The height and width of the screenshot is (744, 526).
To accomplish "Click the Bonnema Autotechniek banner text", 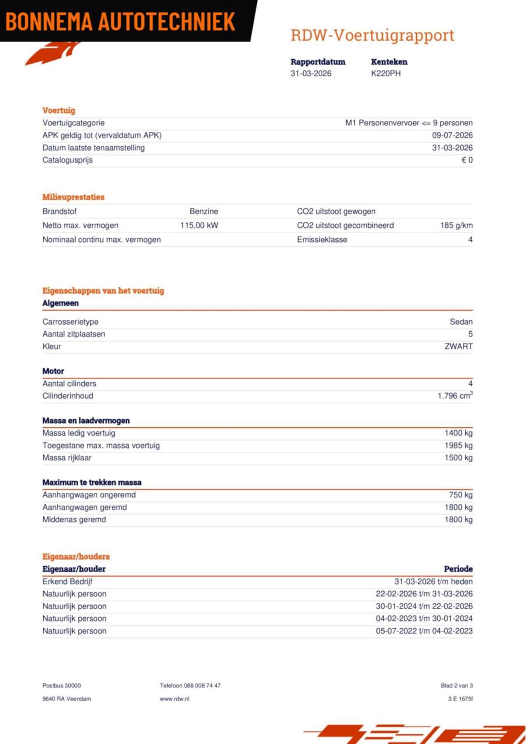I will click(120, 21).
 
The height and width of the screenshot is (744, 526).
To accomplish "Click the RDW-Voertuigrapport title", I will click(372, 35).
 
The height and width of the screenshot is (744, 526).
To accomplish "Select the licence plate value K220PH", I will click(385, 73).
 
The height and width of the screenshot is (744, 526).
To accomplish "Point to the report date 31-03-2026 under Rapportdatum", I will click(311, 73).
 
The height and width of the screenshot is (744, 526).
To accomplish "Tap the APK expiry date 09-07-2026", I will click(452, 135).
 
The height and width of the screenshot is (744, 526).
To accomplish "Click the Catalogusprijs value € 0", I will click(467, 160).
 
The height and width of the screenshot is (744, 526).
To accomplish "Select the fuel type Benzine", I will click(204, 211).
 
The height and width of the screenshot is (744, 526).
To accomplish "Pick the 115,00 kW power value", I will click(199, 225).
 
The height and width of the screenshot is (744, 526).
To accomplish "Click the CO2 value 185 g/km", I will click(456, 225).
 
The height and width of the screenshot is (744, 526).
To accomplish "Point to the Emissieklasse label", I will click(322, 240).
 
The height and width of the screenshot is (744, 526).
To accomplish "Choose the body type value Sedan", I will click(461, 322).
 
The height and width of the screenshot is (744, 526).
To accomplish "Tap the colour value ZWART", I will click(459, 347).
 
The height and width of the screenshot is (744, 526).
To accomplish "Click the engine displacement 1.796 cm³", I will click(455, 396).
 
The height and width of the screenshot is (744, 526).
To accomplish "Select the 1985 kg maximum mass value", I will click(458, 445).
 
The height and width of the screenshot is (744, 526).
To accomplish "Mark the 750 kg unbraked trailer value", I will click(461, 495).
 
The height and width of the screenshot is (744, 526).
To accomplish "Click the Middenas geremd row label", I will click(74, 520).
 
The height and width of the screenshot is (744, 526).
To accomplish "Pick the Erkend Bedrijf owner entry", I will click(67, 582).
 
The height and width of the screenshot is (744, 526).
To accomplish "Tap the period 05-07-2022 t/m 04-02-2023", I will click(424, 631).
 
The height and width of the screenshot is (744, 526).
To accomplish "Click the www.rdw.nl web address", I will click(175, 699).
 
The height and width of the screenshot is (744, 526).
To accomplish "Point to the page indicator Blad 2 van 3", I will click(457, 686).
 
